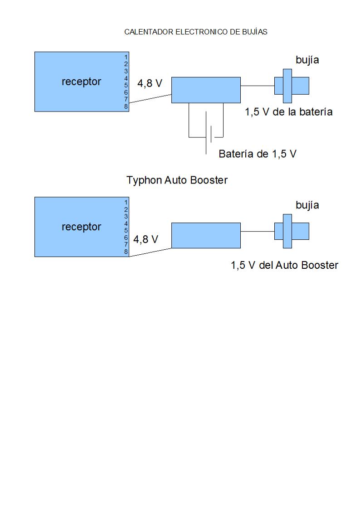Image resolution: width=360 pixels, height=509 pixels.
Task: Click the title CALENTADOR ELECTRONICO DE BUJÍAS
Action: tap(195, 32)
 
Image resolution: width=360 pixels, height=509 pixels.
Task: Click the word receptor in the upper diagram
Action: tap(81, 82)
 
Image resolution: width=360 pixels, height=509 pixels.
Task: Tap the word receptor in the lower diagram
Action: tap(81, 227)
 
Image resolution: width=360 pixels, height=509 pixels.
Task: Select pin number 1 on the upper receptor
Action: tap(126, 57)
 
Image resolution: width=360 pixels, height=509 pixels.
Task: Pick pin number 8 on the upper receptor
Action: tap(126, 107)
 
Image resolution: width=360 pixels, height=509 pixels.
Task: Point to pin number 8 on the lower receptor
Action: tap(126, 252)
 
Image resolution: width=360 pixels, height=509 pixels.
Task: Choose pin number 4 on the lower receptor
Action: tap(126, 223)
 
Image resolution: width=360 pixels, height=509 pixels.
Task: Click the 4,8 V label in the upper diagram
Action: tap(150, 84)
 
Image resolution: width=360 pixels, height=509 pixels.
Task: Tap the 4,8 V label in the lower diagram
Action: tap(146, 239)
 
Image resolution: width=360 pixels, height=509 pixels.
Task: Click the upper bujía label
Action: tap(307, 60)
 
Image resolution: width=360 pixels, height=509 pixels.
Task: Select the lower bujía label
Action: tap(307, 205)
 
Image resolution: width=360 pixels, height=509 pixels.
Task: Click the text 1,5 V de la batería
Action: tap(289, 112)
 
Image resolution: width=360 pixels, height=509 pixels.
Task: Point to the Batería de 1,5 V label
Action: tap(257, 154)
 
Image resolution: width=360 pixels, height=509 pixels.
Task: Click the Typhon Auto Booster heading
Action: tap(177, 180)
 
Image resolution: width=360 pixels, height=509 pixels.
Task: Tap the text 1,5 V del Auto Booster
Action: tap(284, 266)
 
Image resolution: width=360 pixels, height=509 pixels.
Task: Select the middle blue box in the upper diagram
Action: tap(206, 90)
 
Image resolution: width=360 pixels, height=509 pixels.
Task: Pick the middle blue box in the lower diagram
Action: tap(206, 235)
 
